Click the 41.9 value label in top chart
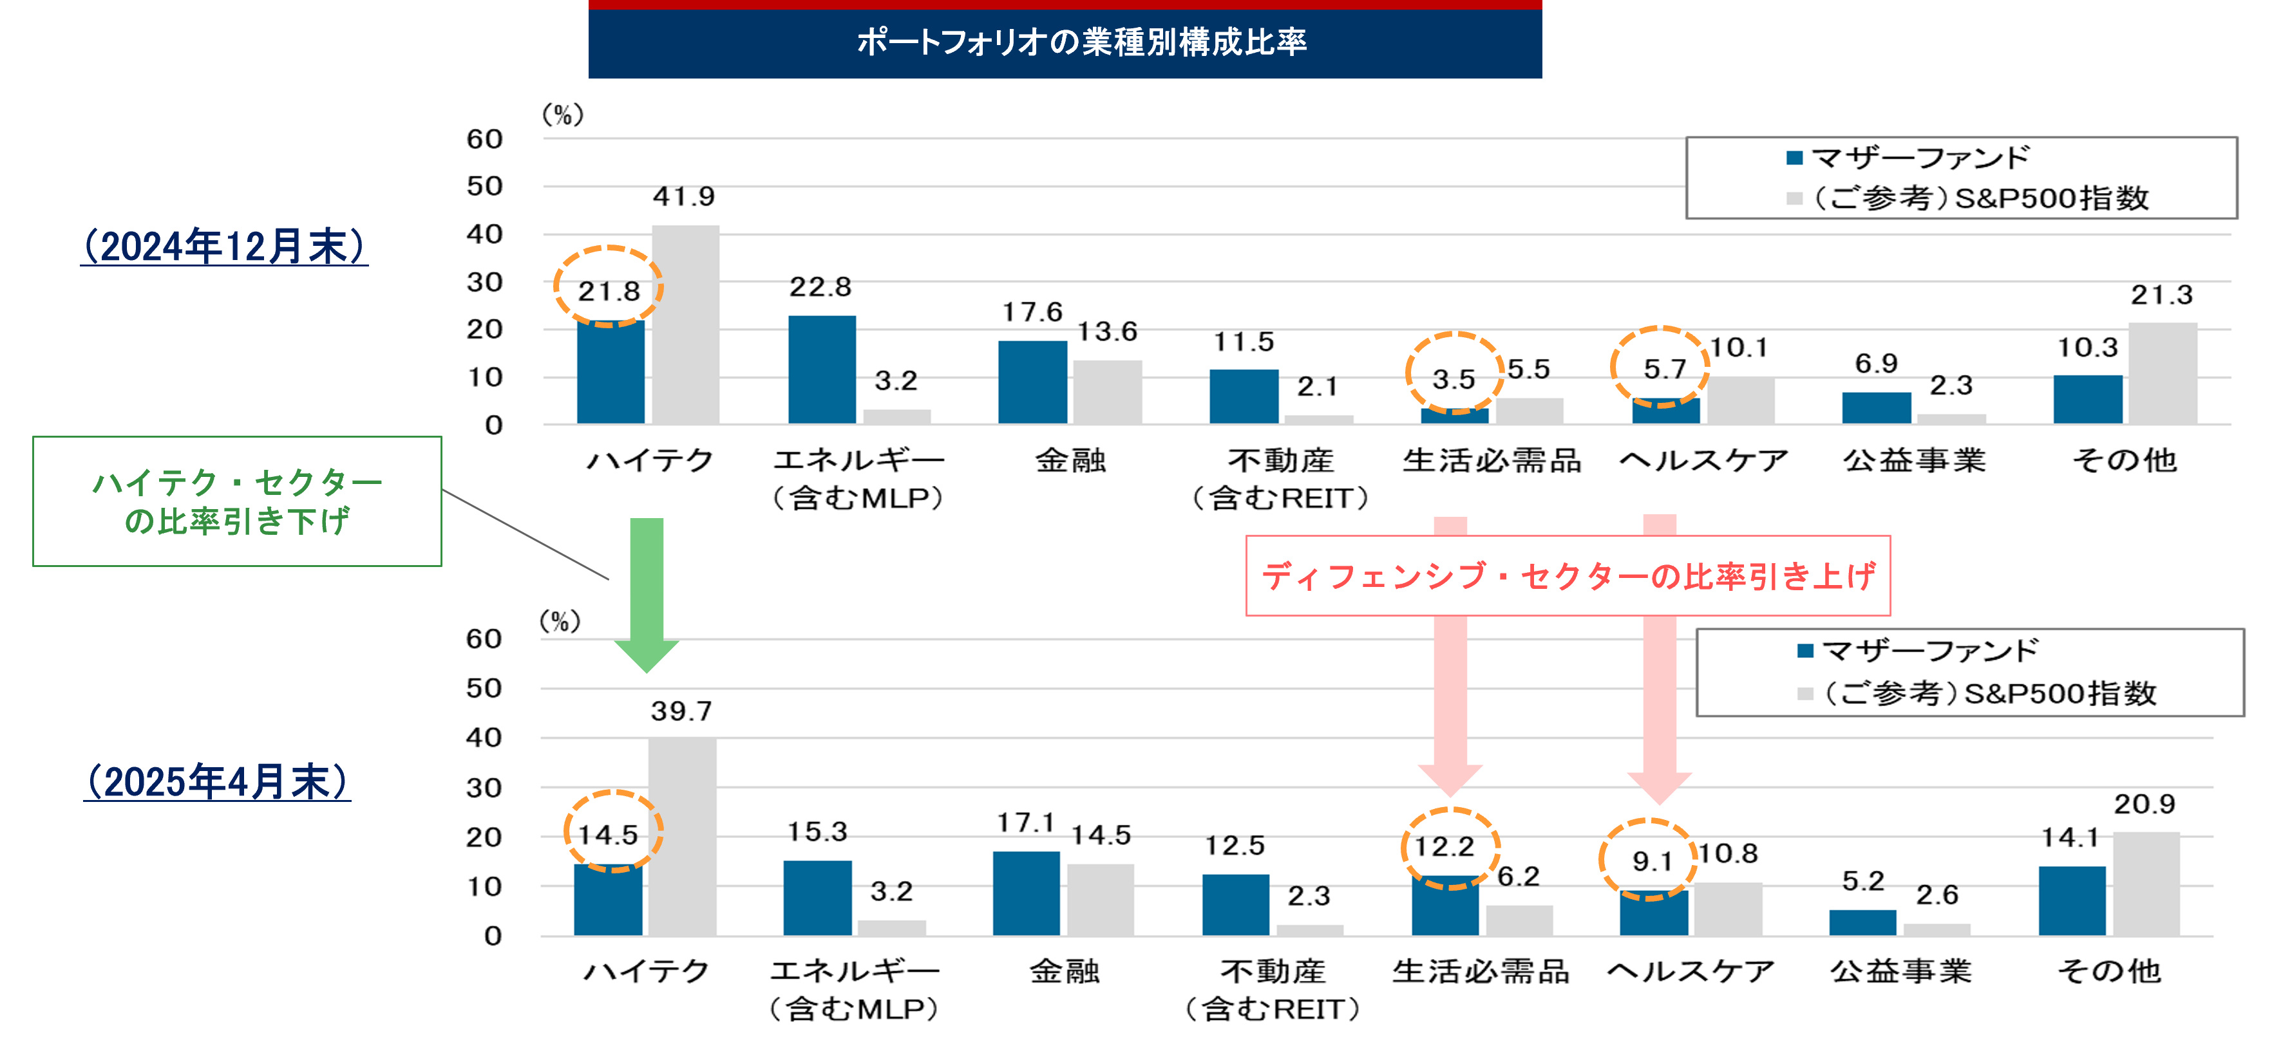point(683,196)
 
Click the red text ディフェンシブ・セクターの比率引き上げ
point(1568,576)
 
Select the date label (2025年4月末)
point(217,782)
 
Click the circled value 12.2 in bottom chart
point(1445,847)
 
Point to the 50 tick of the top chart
point(485,186)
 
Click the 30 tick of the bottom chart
point(484,788)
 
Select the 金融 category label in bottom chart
point(1065,971)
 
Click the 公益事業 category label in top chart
point(1914,460)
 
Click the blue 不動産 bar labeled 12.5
point(1235,904)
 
